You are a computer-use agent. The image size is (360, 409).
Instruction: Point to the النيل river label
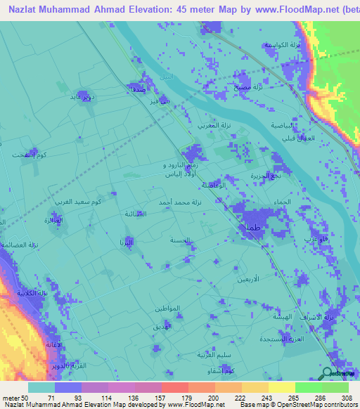[x=166, y=75]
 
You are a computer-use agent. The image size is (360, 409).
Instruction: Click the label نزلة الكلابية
[x=32, y=293]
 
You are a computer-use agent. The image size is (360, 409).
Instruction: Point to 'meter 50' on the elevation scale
[x=15, y=398]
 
